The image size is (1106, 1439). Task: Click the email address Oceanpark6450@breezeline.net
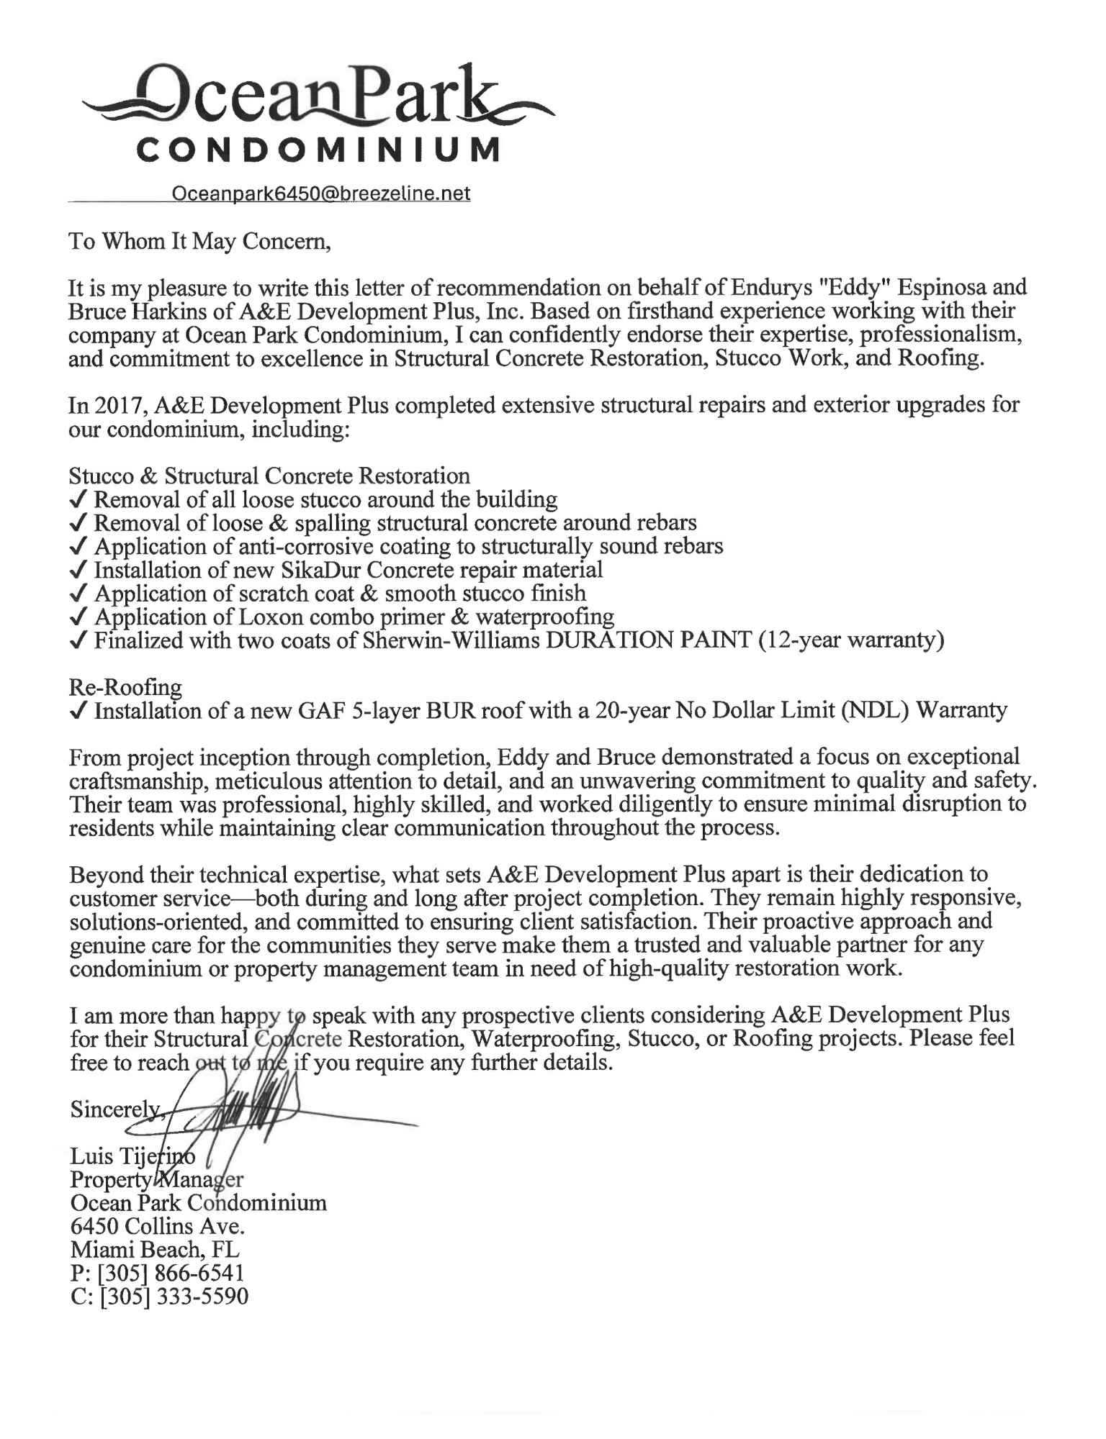[320, 194]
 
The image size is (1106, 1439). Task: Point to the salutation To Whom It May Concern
[199, 241]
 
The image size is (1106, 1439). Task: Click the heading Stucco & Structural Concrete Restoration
[269, 476]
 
